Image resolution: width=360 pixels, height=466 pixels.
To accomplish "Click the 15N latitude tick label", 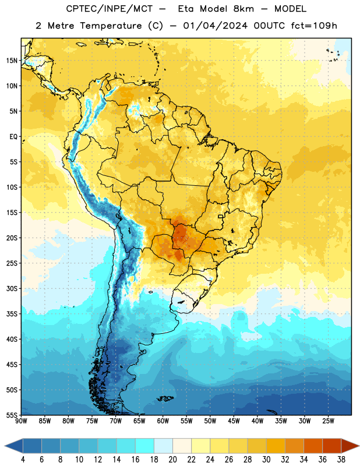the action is (12, 61).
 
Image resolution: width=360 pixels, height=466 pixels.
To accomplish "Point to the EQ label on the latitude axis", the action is (13, 137).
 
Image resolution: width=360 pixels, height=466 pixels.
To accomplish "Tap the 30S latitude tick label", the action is (12, 288).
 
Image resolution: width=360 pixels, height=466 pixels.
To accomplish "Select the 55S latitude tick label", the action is (12, 415).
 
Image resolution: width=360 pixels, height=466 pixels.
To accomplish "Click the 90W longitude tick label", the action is (21, 421).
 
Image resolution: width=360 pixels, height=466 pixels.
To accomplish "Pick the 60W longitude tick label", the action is (163, 421).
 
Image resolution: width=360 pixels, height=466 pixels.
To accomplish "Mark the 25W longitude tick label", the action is (328, 421).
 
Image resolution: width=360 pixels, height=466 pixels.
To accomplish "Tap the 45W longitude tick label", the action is (234, 421).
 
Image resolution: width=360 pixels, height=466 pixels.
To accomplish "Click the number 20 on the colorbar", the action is (172, 460).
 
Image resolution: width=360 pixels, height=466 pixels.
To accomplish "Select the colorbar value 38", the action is (341, 460).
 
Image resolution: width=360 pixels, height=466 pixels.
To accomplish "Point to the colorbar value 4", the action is (23, 460).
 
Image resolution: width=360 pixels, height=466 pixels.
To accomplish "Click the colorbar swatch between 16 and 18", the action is (144, 446).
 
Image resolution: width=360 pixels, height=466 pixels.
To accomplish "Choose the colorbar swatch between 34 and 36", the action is (313, 446).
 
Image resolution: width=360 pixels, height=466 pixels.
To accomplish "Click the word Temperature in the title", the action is (111, 26).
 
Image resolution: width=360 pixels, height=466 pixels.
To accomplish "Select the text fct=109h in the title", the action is (314, 26).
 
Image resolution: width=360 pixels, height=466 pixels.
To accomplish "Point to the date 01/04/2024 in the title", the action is (215, 26).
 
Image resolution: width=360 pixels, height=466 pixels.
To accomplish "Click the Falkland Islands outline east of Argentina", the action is (165, 398).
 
